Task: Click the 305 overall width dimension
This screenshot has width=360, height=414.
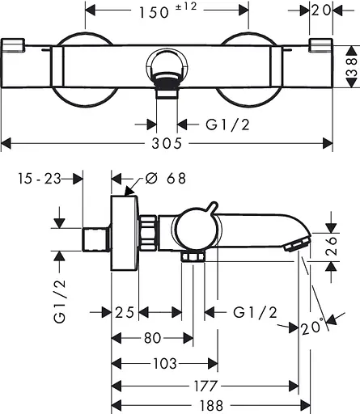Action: [167, 143]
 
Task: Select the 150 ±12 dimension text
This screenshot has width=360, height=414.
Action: [167, 11]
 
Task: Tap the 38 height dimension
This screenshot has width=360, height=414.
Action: [352, 66]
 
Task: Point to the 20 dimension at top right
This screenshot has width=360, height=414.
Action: [321, 11]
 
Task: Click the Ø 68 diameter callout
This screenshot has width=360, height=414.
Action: [166, 178]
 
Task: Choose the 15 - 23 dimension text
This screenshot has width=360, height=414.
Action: [40, 179]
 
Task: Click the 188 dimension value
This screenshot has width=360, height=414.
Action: [211, 405]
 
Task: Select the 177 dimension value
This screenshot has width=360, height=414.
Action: [205, 386]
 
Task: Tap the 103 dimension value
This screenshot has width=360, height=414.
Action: [165, 364]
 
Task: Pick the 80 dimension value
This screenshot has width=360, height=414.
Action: [153, 338]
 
